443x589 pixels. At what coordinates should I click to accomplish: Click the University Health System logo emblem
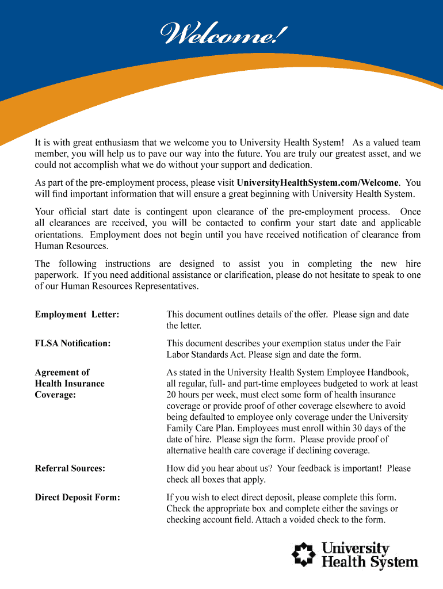click(x=303, y=554)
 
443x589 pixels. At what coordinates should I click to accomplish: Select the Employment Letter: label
click(x=77, y=315)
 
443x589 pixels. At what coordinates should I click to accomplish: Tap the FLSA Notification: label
click(x=72, y=343)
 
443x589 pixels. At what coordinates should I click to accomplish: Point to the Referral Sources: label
click(x=70, y=468)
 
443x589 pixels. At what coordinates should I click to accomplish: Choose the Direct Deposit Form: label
click(x=78, y=497)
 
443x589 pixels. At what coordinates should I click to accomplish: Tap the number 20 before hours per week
click(x=171, y=395)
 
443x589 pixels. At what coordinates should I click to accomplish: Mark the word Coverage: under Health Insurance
click(x=55, y=395)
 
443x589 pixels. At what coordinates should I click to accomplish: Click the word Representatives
click(x=162, y=286)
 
